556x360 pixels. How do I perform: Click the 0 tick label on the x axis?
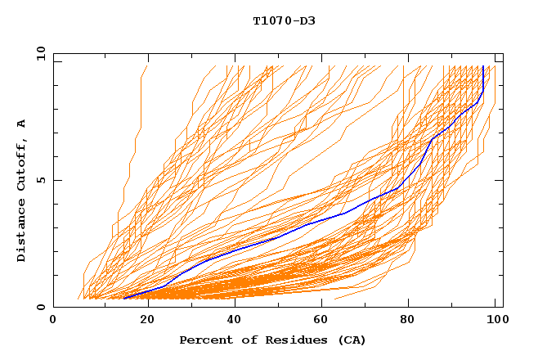point(53,319)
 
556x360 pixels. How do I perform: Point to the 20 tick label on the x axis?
point(141,319)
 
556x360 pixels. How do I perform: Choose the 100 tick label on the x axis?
point(493,319)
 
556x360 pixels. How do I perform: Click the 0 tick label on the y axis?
point(41,308)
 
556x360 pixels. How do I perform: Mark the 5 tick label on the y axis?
point(41,180)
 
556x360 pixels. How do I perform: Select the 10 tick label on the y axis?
point(38,52)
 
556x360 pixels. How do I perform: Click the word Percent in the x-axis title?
point(203,340)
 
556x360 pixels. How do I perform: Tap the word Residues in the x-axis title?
point(285,340)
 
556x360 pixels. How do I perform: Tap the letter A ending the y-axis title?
point(22,123)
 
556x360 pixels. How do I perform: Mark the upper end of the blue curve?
point(483,66)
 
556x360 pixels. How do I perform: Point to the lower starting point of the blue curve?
point(123,299)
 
